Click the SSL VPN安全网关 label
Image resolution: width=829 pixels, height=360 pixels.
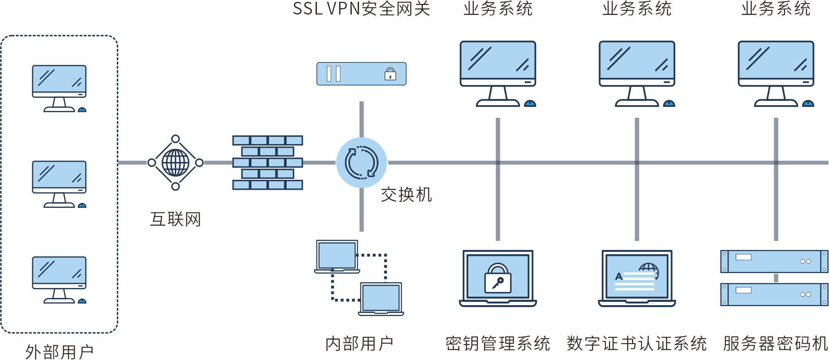[361, 9]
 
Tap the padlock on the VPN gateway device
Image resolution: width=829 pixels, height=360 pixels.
[390, 74]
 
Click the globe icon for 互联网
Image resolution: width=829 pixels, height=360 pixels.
[176, 163]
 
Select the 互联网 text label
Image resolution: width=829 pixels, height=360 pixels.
[176, 219]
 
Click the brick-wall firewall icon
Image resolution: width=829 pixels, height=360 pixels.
[268, 163]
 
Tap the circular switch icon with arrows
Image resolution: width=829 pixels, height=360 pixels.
[362, 163]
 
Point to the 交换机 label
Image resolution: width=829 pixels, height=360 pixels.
[406, 195]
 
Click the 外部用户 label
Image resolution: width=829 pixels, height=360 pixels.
[59, 352]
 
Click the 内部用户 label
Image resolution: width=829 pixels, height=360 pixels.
[359, 344]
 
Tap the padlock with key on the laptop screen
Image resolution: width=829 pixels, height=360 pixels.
[498, 278]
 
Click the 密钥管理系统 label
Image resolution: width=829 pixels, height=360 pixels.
[498, 344]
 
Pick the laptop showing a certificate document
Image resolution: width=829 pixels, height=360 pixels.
[637, 278]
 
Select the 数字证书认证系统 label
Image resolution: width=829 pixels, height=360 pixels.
[637, 344]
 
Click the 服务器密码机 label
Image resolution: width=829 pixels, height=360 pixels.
[775, 344]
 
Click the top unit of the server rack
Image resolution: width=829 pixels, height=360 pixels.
[774, 261]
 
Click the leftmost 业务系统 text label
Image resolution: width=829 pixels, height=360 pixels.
[498, 9]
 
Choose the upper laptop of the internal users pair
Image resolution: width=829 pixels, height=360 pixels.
[337, 256]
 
